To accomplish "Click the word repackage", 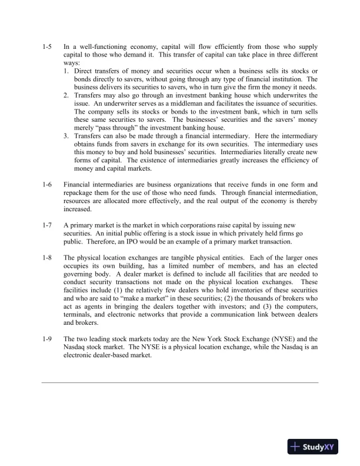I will click(x=81, y=193).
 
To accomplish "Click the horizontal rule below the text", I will click(x=180, y=383).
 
